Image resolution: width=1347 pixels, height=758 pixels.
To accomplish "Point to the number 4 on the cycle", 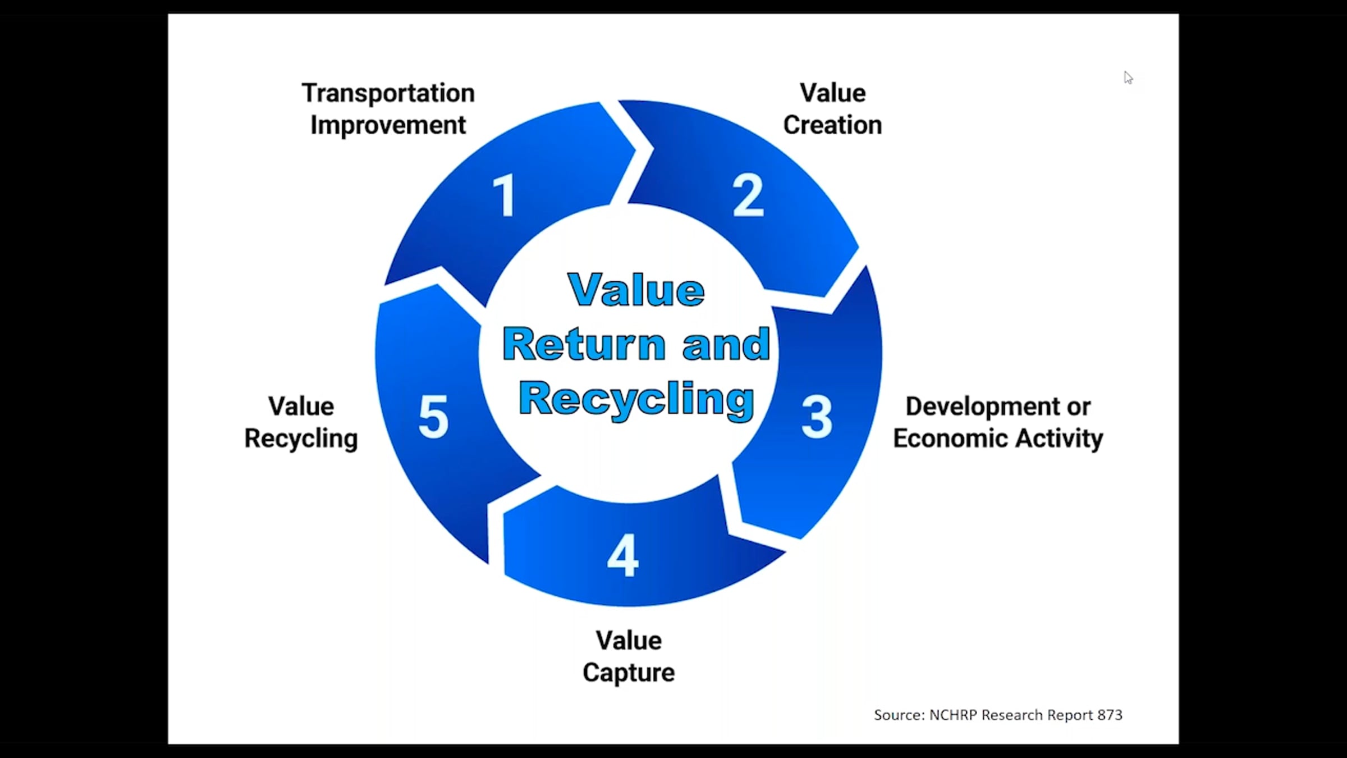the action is tap(623, 555).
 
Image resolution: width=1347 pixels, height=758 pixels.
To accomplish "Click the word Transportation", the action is tap(388, 93).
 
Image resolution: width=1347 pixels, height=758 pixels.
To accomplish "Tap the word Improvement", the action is tap(388, 125).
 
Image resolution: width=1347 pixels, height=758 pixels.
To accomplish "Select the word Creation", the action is tap(832, 125).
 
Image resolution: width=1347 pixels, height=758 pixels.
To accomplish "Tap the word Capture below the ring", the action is tap(629, 673).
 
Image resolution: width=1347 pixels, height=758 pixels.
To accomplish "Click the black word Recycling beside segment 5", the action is tap(301, 439).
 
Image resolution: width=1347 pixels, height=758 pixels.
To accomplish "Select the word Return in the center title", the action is tap(584, 344).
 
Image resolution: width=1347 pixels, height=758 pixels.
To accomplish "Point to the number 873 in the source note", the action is tap(1110, 715).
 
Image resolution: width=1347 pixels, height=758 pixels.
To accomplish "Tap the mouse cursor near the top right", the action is tap(1128, 77).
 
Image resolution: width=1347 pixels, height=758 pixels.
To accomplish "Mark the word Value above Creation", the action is tap(832, 93).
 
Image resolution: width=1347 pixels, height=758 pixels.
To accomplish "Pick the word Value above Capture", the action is tap(629, 641).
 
